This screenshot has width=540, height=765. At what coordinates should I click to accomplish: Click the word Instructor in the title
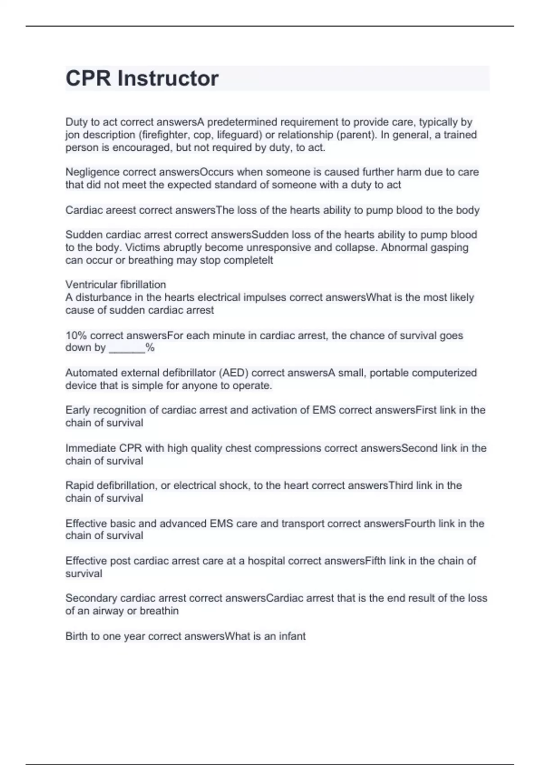168,79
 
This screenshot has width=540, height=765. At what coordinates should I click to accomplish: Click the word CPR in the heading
88,79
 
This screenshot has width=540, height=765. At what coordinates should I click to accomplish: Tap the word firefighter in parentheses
164,135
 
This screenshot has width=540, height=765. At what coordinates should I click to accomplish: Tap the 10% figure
76,336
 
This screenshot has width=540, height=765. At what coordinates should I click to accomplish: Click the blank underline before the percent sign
127,348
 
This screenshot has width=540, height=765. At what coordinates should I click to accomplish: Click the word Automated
90,373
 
